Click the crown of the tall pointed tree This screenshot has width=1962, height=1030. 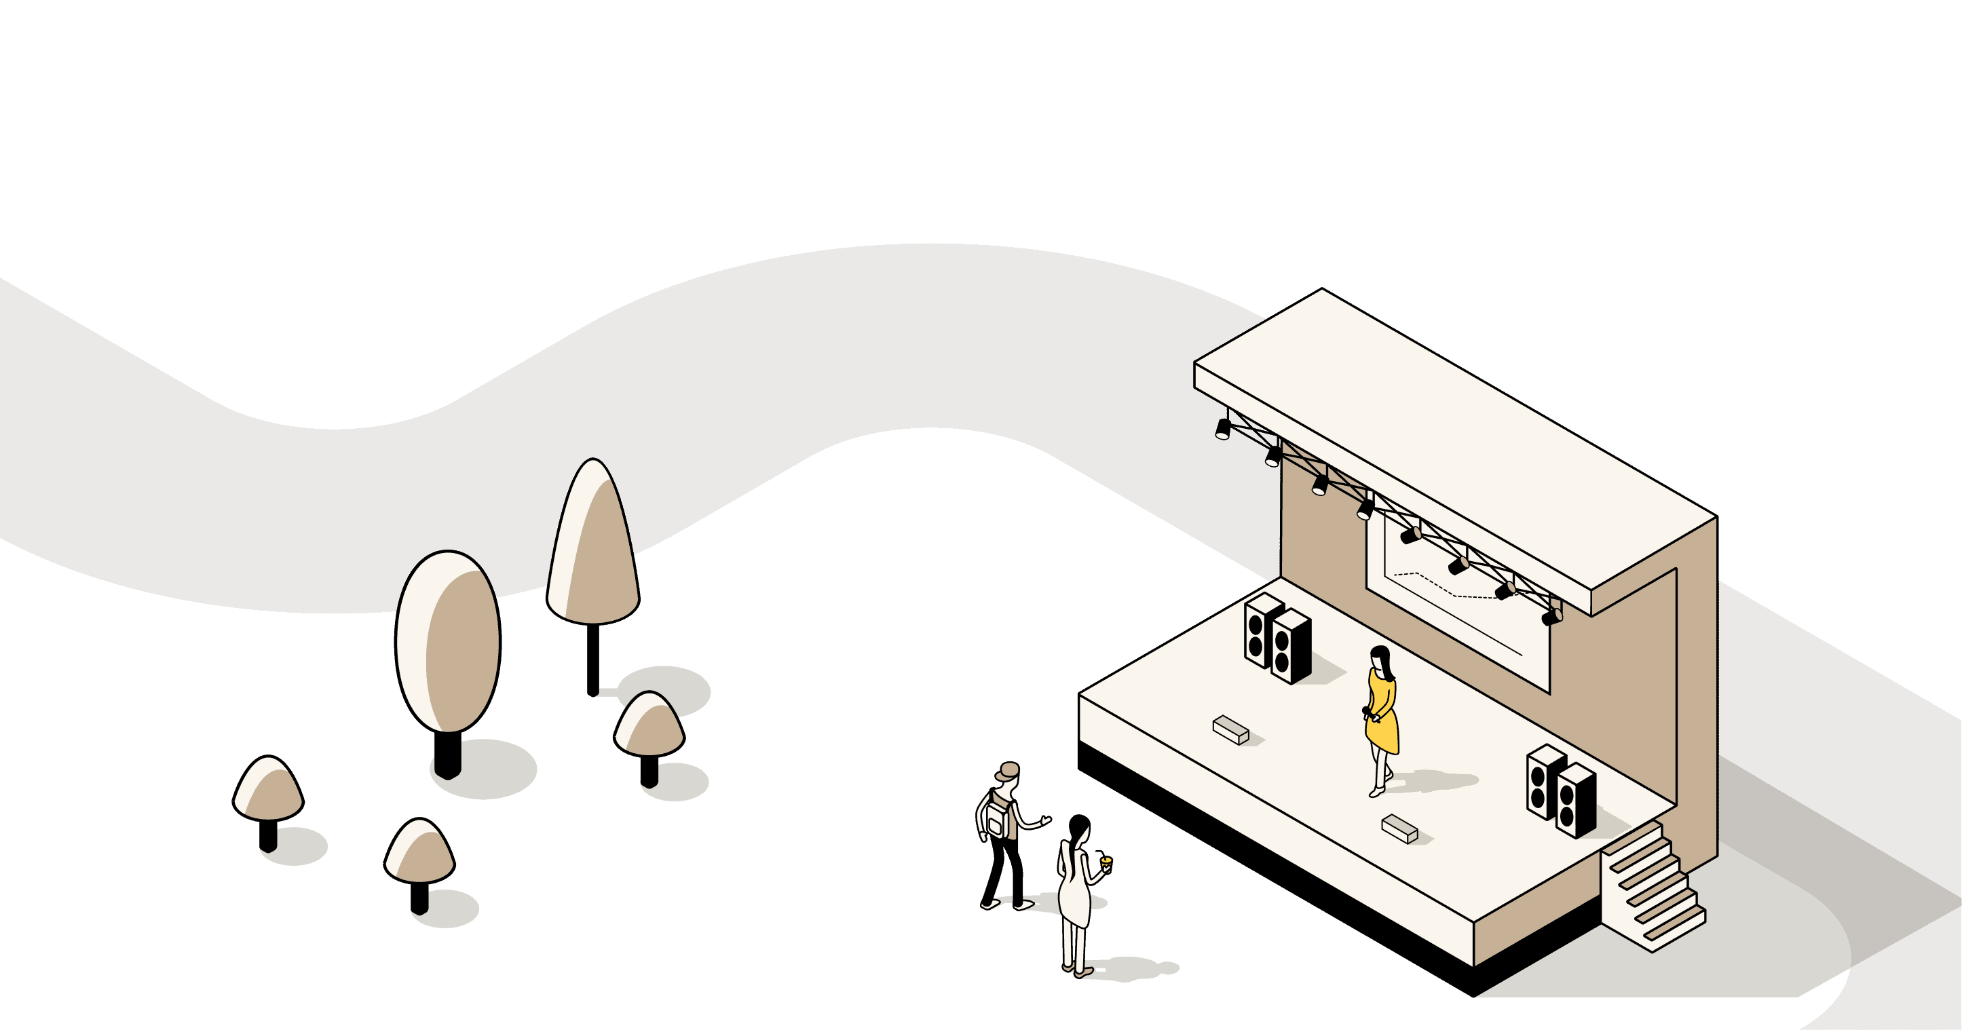(x=592, y=544)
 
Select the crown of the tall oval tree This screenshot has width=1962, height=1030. (x=448, y=641)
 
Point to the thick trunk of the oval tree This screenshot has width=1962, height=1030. (x=448, y=754)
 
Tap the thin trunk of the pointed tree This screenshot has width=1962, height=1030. (x=592, y=658)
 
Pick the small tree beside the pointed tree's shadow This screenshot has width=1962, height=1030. (x=649, y=727)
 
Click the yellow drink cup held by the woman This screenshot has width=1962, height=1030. (x=1106, y=862)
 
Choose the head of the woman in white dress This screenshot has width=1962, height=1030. (x=1079, y=828)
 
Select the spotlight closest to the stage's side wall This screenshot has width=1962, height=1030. (x=1551, y=617)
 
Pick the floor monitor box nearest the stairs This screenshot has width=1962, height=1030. (x=1399, y=828)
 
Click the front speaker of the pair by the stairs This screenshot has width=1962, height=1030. (x=1574, y=801)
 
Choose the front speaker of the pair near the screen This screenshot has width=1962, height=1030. (x=1290, y=647)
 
